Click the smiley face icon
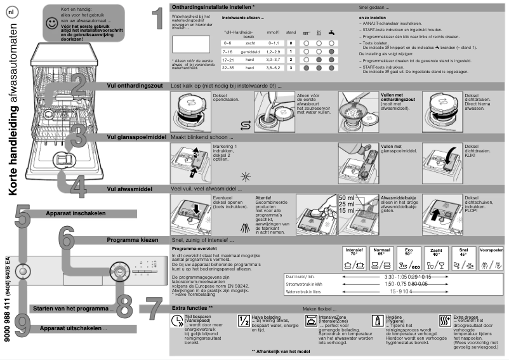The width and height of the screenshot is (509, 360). coord(51,23)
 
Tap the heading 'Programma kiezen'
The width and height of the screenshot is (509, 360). coord(132,241)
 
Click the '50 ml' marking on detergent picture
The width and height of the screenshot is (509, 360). coord(347,198)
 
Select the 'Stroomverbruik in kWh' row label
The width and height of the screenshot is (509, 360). coord(308,284)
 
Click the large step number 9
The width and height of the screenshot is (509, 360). coord(21,324)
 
